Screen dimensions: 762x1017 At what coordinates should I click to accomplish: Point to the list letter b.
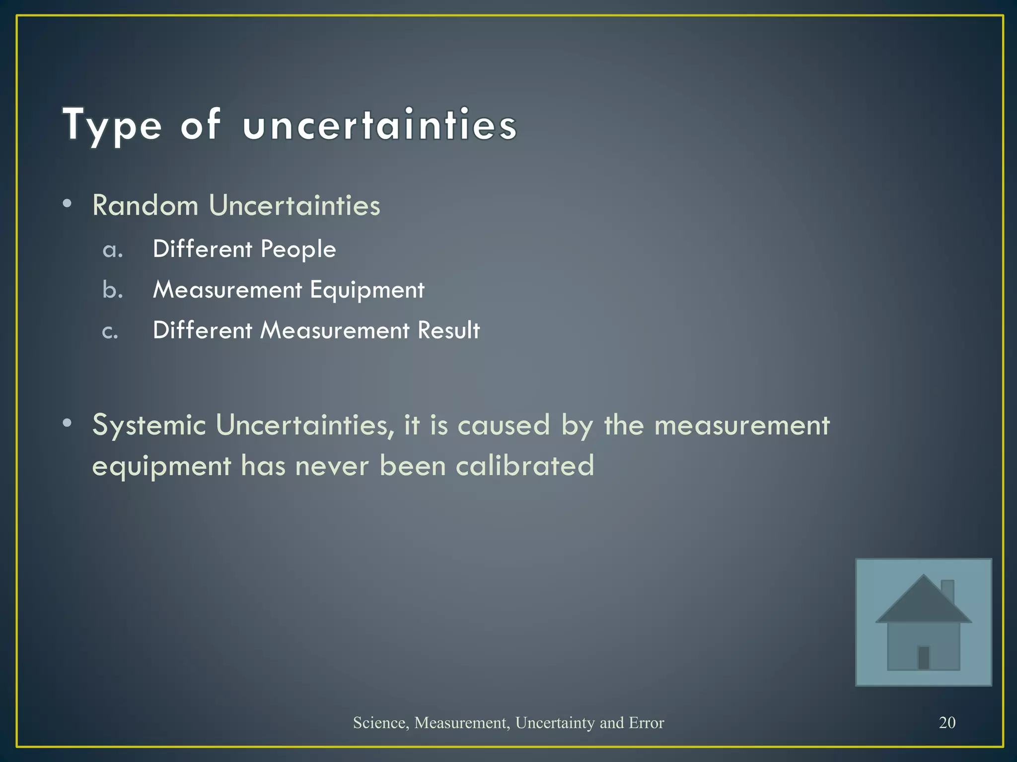coord(112,290)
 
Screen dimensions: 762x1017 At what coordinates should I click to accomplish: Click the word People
coord(298,249)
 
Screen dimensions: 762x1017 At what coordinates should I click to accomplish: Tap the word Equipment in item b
coord(367,290)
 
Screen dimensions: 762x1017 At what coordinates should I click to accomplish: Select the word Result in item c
coord(448,330)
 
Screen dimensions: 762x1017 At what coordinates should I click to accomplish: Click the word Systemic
coord(149,425)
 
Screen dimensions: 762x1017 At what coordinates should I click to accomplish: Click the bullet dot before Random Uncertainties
coord(68,203)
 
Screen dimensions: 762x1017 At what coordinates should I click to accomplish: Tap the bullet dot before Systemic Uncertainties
coord(68,423)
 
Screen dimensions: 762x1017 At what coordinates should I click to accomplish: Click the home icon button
coord(923,622)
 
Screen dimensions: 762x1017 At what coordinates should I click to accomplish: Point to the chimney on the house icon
coord(948,590)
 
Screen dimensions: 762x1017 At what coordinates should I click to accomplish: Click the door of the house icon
coord(924,658)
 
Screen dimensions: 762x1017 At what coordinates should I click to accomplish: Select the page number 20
coord(947,722)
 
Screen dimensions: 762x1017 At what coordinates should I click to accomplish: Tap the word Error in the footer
coord(646,723)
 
